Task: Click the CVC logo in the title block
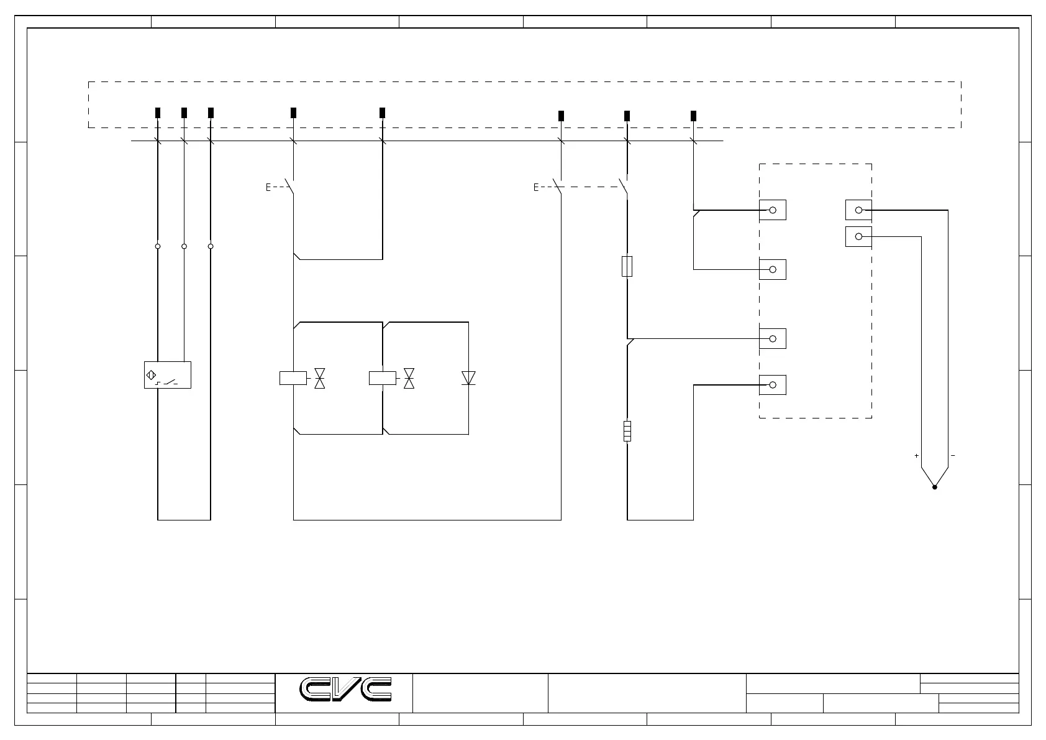[x=346, y=689]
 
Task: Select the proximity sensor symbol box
[x=167, y=375]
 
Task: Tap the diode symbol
[x=468, y=377]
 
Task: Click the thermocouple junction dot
[x=934, y=487]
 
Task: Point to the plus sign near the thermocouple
[x=916, y=456]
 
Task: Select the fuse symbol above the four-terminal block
[x=627, y=266]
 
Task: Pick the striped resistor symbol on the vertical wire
[x=627, y=431]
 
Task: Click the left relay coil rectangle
[x=293, y=377]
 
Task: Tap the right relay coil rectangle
[x=382, y=377]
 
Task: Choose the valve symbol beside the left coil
[x=320, y=377]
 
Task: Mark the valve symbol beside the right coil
[x=409, y=377]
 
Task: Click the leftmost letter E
[x=268, y=187]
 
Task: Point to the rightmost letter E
[x=536, y=187]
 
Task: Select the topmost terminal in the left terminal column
[x=773, y=210]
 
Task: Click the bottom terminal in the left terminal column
[x=773, y=385]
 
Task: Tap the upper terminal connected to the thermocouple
[x=858, y=210]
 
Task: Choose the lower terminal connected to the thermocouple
[x=858, y=237]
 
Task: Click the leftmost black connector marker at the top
[x=158, y=113]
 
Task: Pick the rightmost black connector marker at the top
[x=694, y=116]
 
